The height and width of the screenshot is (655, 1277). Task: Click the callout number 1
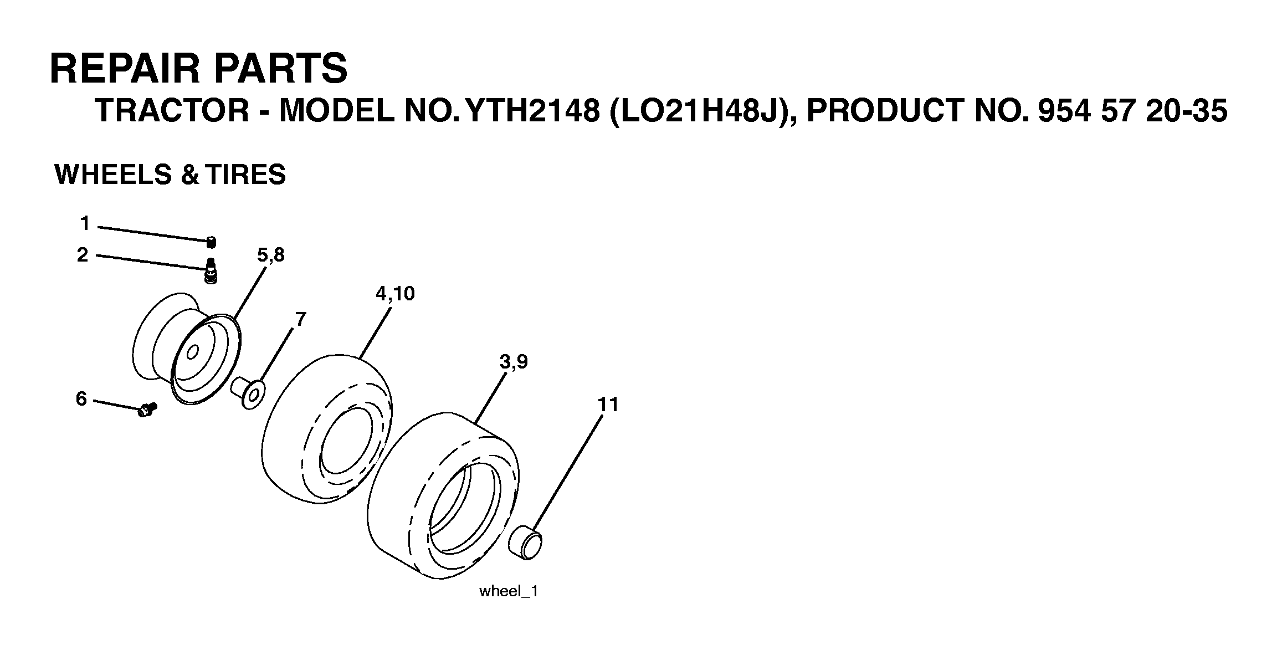tap(84, 224)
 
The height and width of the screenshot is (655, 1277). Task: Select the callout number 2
tap(83, 255)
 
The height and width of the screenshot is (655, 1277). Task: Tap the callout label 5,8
tap(270, 255)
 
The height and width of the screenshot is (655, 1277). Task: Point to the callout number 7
tap(300, 319)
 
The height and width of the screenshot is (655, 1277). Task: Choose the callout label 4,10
tap(395, 294)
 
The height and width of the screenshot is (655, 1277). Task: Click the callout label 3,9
tap(514, 362)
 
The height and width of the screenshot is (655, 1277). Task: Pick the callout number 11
tap(608, 405)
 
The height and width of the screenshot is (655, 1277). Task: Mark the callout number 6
tap(81, 398)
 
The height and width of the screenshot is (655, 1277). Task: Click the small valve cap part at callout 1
tap(211, 242)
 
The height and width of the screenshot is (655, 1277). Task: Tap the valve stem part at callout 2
tap(211, 271)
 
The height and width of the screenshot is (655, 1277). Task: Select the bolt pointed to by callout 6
tap(147, 411)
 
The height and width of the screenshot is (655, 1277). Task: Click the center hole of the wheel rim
tap(193, 352)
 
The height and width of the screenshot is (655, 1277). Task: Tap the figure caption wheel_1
tap(509, 591)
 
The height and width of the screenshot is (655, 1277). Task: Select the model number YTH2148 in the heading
tap(533, 111)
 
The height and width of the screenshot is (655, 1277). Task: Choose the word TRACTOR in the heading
tap(172, 111)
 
